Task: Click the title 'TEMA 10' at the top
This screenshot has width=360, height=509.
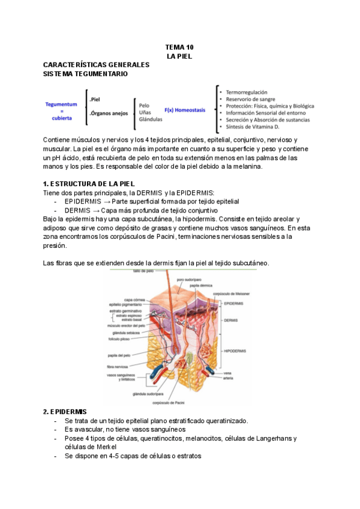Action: click(179, 47)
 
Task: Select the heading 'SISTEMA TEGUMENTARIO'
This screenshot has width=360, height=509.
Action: click(85, 74)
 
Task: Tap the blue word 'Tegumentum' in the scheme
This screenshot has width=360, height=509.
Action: click(61, 104)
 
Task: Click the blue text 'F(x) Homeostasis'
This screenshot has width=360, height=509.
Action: click(185, 110)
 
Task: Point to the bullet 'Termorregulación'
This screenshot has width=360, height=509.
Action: click(247, 92)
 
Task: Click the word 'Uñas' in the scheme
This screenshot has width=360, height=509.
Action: click(145, 112)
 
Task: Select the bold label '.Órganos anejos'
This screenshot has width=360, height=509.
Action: click(108, 113)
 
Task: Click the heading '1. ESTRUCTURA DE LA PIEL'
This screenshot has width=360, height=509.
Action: click(89, 183)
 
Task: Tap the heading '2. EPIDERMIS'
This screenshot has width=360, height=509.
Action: click(65, 412)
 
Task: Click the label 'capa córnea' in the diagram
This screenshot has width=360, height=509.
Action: click(133, 299)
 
